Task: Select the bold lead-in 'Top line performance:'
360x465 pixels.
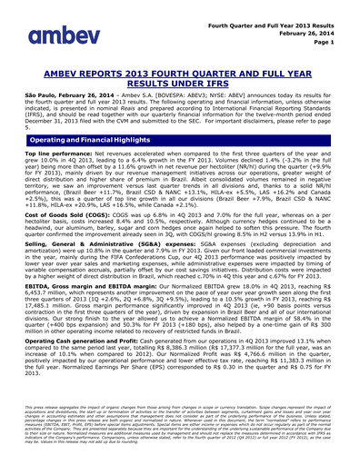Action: [55, 156]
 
